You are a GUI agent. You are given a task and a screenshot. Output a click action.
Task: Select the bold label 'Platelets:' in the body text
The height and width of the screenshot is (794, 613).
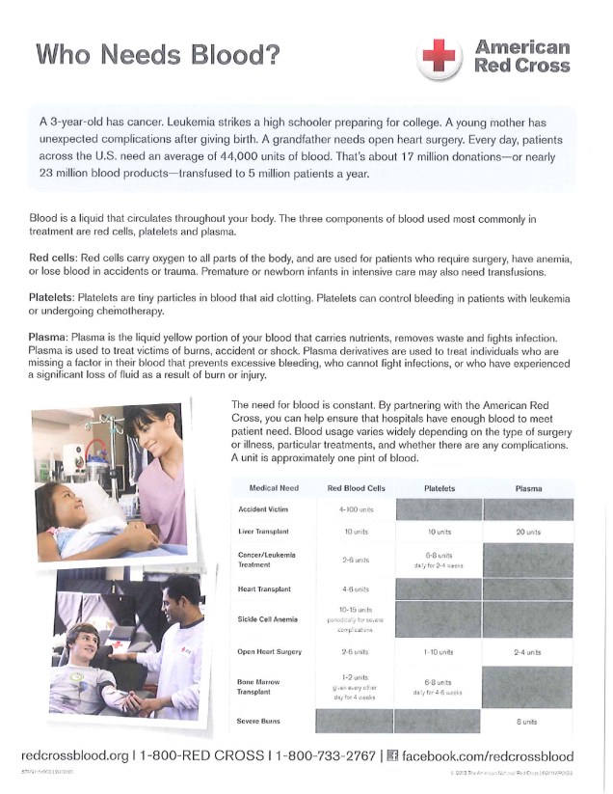[55, 296]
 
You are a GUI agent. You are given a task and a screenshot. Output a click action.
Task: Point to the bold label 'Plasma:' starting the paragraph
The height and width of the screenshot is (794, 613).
[51, 334]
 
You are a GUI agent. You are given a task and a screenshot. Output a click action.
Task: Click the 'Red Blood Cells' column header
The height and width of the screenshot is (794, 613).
[356, 489]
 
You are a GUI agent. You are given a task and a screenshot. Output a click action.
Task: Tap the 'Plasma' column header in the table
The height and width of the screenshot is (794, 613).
[528, 489]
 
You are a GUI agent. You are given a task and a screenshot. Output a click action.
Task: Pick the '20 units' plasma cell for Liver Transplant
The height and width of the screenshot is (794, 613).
[527, 532]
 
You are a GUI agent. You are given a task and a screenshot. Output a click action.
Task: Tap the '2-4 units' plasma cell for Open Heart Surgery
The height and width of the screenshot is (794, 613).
[527, 652]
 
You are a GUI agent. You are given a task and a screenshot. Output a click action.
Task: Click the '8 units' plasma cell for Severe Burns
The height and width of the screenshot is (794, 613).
[527, 722]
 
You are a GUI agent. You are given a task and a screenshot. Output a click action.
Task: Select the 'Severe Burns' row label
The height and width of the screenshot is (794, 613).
[263, 722]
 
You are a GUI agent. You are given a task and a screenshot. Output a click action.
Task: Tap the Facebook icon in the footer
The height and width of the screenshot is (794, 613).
[391, 755]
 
